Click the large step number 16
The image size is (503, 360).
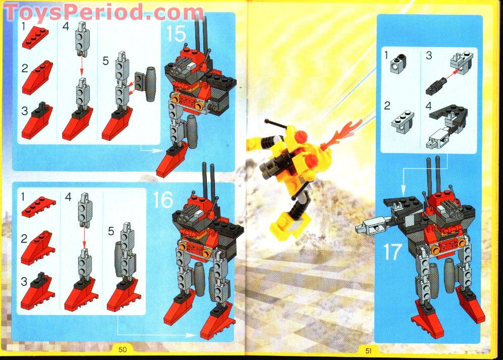pos(163,200)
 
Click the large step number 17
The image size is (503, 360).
pos(392,251)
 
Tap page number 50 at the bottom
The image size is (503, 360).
pos(123,349)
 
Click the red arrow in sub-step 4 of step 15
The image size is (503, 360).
pos(81,66)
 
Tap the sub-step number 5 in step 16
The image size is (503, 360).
pos(111,232)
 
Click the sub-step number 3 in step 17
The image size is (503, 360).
pos(429,56)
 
